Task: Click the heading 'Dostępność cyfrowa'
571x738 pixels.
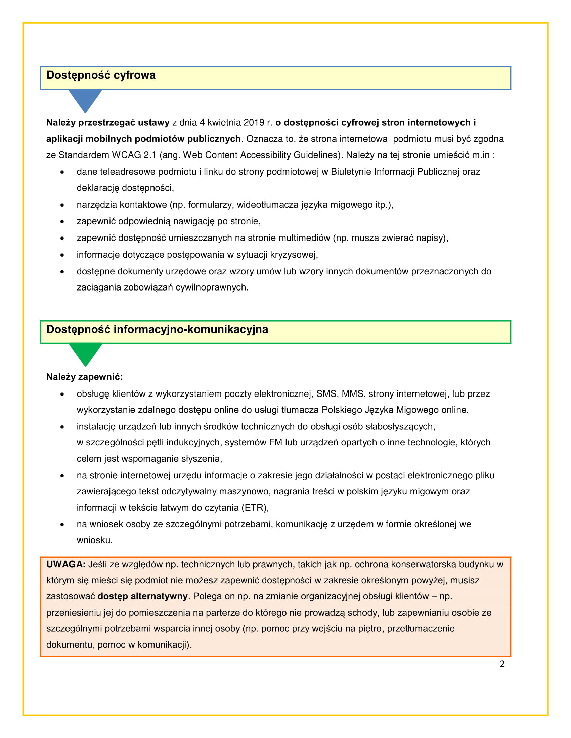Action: click(x=101, y=75)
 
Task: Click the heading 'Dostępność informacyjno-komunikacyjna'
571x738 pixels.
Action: click(x=157, y=329)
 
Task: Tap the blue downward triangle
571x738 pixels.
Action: click(x=85, y=100)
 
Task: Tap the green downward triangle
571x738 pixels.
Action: click(x=85, y=354)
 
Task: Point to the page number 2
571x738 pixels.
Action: click(x=502, y=664)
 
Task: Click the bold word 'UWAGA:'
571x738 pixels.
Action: click(x=65, y=564)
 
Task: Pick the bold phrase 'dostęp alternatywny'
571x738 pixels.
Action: click(x=142, y=596)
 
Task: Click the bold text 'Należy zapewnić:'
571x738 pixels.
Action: click(x=84, y=377)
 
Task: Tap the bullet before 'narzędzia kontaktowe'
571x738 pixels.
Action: click(x=62, y=205)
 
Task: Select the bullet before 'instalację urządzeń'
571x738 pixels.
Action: click(x=62, y=427)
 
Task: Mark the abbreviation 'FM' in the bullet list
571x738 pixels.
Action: click(x=275, y=443)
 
